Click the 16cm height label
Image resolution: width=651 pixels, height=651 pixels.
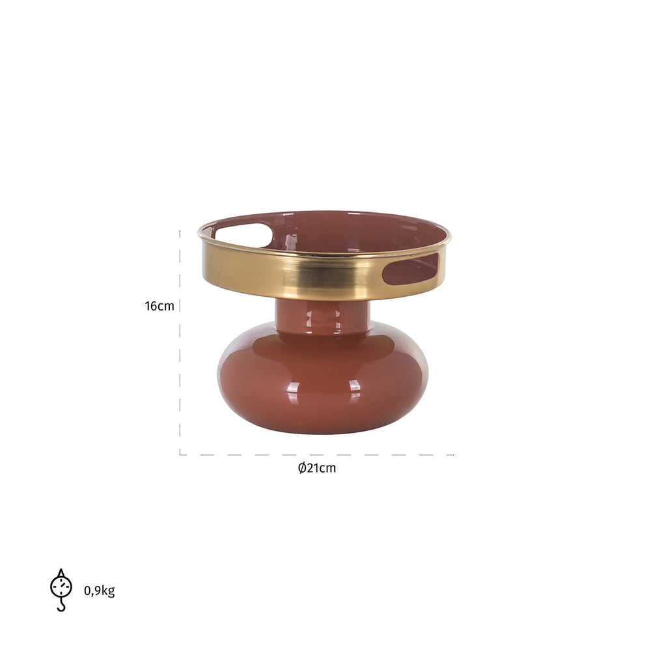coord(159,306)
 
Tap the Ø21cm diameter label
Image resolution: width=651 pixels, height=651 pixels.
coord(317,468)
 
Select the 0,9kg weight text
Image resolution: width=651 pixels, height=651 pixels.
coord(99,590)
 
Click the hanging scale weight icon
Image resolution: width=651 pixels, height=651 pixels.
coord(61,590)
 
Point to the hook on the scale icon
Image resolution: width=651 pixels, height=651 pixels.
coord(61,605)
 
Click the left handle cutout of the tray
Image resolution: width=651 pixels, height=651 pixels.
coord(243,235)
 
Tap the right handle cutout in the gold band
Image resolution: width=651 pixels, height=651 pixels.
coord(410,269)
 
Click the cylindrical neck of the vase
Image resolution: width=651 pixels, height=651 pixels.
coord(323,316)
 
